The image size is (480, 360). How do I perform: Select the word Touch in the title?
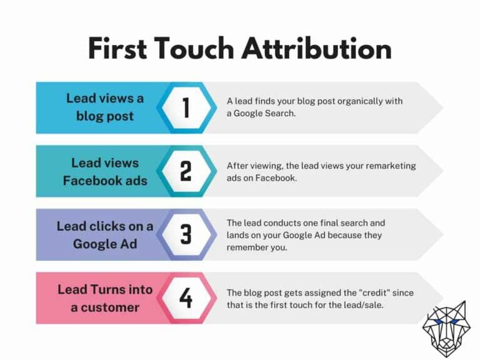(x=206, y=49)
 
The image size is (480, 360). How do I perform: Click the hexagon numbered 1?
(x=186, y=107)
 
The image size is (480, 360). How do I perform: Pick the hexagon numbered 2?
(x=186, y=171)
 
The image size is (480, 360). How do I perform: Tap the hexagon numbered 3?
(x=186, y=234)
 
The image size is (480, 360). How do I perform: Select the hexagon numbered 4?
(x=186, y=298)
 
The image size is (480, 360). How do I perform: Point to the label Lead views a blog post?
(x=104, y=107)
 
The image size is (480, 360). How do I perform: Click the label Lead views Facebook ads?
(x=104, y=171)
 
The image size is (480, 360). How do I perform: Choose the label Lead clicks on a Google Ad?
(x=104, y=234)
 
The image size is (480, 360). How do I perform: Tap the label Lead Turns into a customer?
(x=104, y=298)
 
